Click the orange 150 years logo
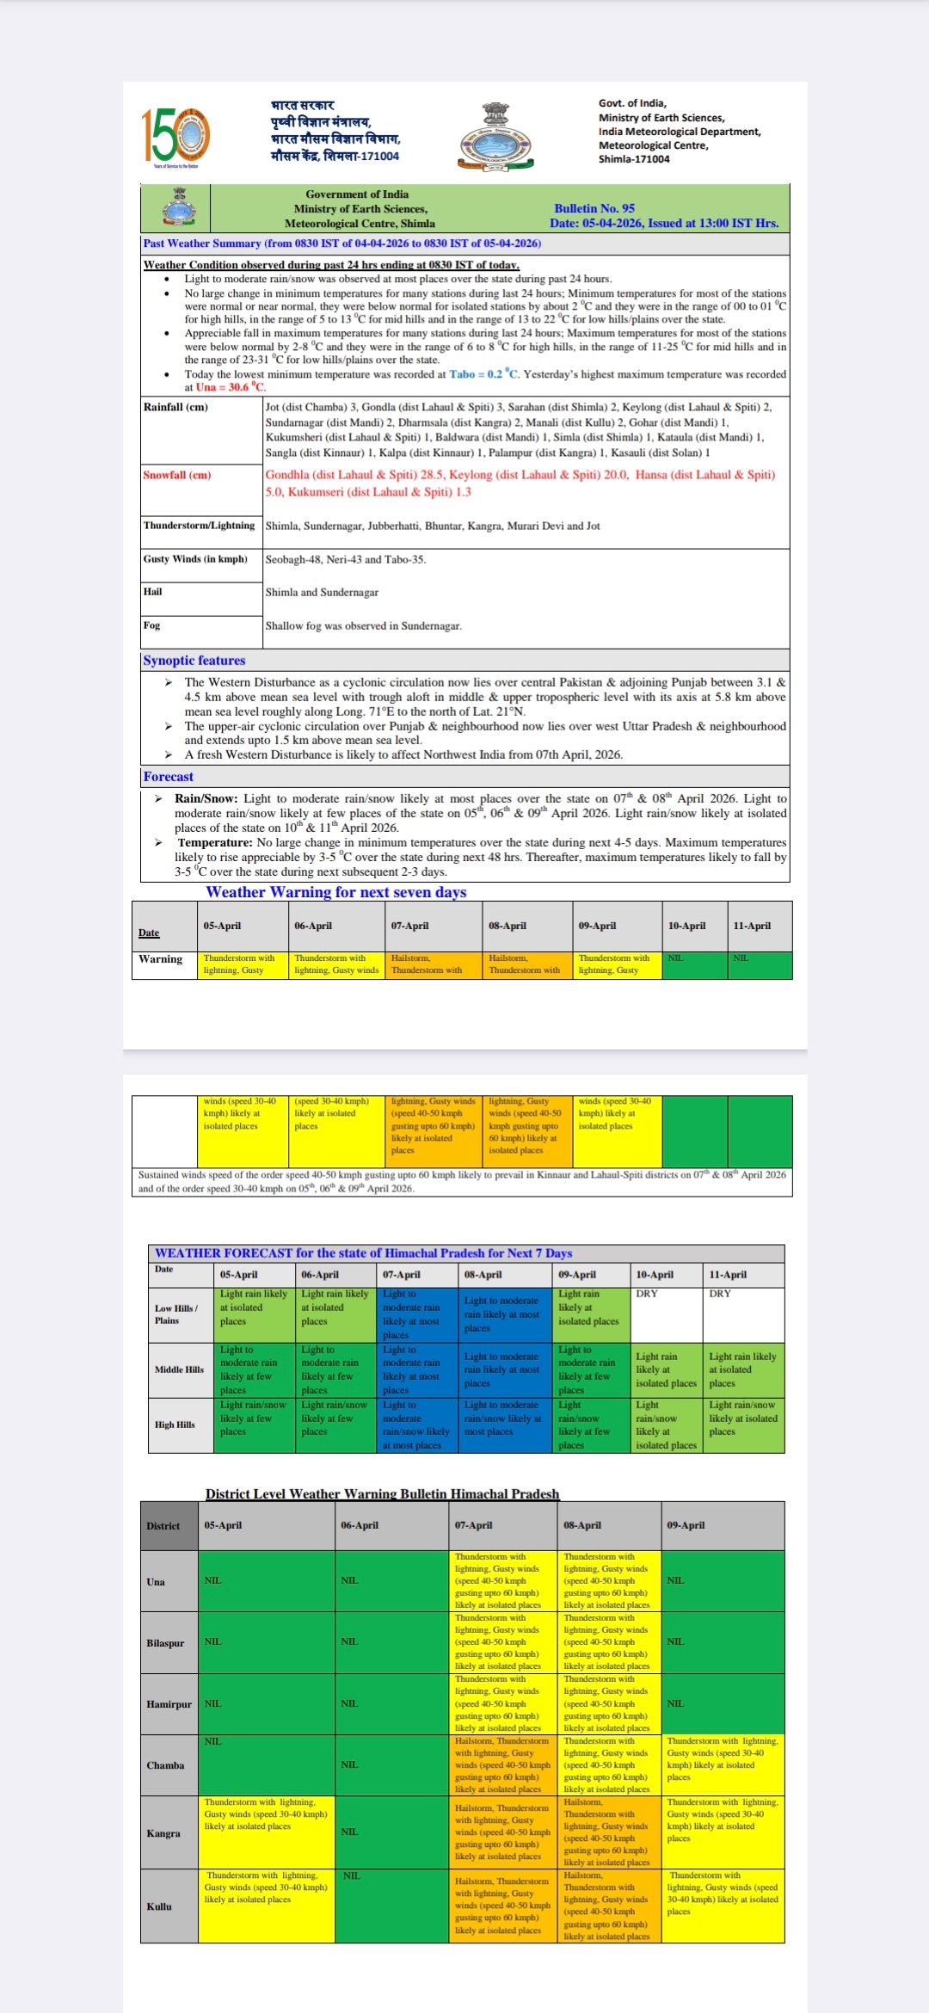[x=175, y=136]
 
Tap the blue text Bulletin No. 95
[x=594, y=208]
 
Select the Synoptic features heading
[x=194, y=661]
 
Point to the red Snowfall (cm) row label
[x=177, y=475]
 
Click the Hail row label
[x=153, y=592]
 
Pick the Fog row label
[x=152, y=625]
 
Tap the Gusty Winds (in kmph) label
[x=195, y=559]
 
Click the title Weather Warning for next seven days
[x=335, y=892]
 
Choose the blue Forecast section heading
[x=169, y=777]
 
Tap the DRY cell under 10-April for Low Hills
[x=647, y=1294]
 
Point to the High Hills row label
[x=175, y=1425]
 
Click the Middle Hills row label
[x=179, y=1370]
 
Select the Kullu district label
[x=159, y=1906]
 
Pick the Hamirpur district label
[x=169, y=1704]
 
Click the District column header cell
[x=163, y=1526]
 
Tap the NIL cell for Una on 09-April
[x=676, y=1580]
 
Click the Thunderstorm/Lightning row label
[x=200, y=526]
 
